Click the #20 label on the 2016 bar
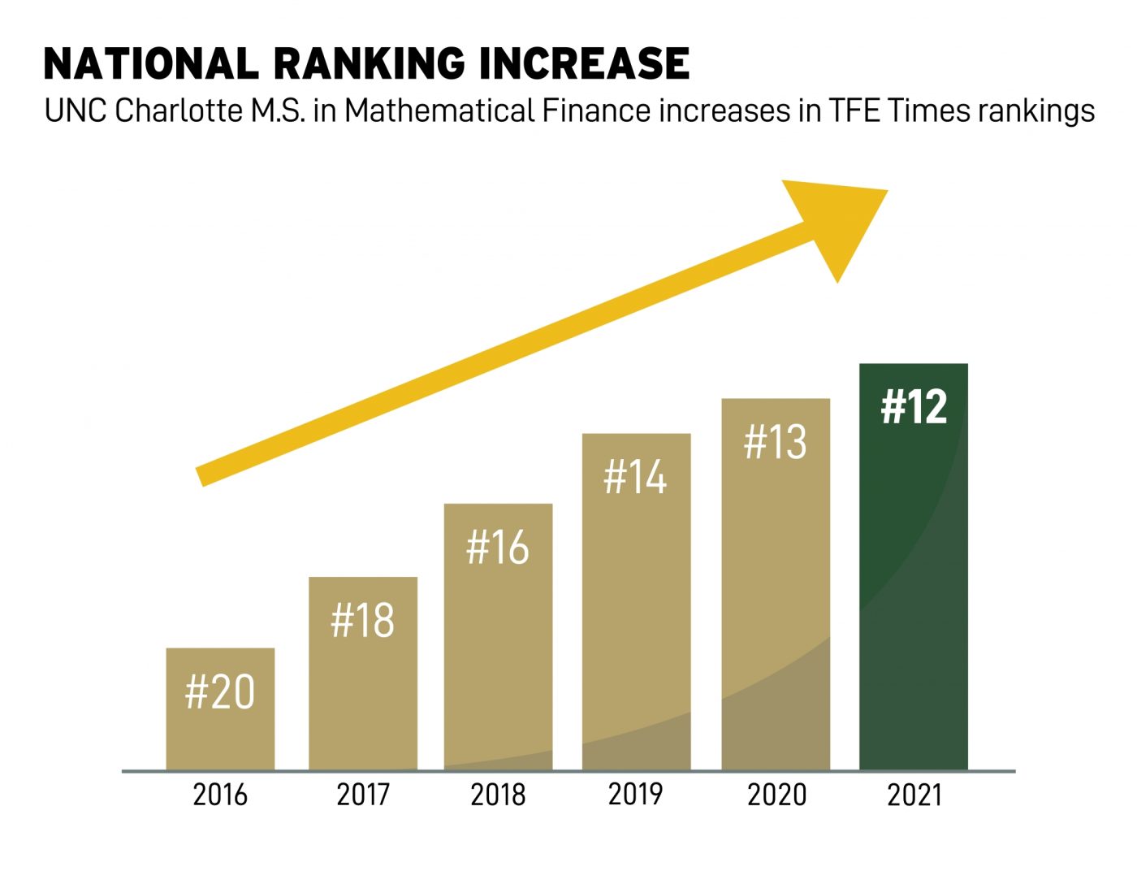pos(220,691)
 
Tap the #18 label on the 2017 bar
pos(362,621)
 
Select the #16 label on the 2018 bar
pos(498,547)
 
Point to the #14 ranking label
pos(636,476)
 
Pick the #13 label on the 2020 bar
pos(776,443)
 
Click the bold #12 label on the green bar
pos(914,406)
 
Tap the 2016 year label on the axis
pos(220,794)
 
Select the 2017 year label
pos(362,794)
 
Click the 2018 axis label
pos(498,794)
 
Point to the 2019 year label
pos(636,793)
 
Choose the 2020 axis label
pos(776,794)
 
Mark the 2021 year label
pos(914,795)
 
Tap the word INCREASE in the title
pos(584,64)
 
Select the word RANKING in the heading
pos(369,64)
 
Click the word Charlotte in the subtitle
pos(175,110)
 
